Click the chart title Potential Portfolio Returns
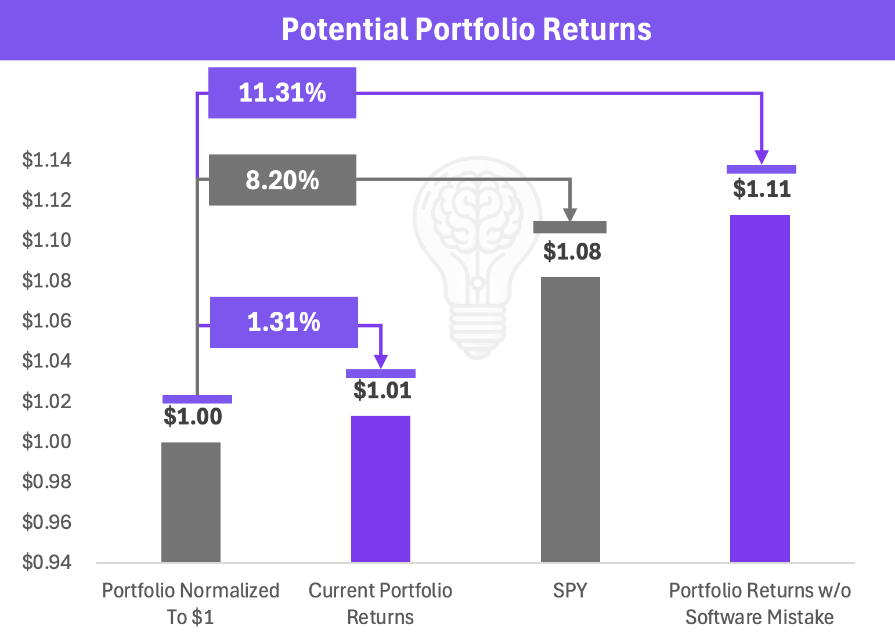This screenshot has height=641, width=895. tap(466, 29)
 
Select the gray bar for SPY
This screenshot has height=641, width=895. tap(571, 420)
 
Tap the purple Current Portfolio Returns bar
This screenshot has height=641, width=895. tap(381, 489)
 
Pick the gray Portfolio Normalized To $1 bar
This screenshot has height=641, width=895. tap(191, 502)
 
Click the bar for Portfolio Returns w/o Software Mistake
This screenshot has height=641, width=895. tap(760, 388)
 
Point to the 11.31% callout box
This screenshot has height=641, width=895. tap(283, 93)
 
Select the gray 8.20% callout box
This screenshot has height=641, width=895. tap(283, 180)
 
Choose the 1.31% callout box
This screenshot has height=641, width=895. tap(284, 322)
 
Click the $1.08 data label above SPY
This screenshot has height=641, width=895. tap(572, 252)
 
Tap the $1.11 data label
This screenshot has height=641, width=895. tap(762, 189)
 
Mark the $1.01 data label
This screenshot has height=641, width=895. tap(382, 390)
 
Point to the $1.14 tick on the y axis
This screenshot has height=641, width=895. tap(47, 160)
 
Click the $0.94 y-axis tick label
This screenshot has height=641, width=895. tap(47, 562)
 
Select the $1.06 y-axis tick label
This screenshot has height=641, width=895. tap(47, 320)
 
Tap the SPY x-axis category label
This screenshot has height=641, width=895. tap(570, 590)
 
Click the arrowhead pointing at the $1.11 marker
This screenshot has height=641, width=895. tap(762, 157)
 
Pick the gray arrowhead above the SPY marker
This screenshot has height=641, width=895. tap(570, 215)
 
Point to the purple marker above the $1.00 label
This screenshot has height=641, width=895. tap(197, 399)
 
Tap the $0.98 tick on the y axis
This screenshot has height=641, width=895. tap(47, 481)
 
